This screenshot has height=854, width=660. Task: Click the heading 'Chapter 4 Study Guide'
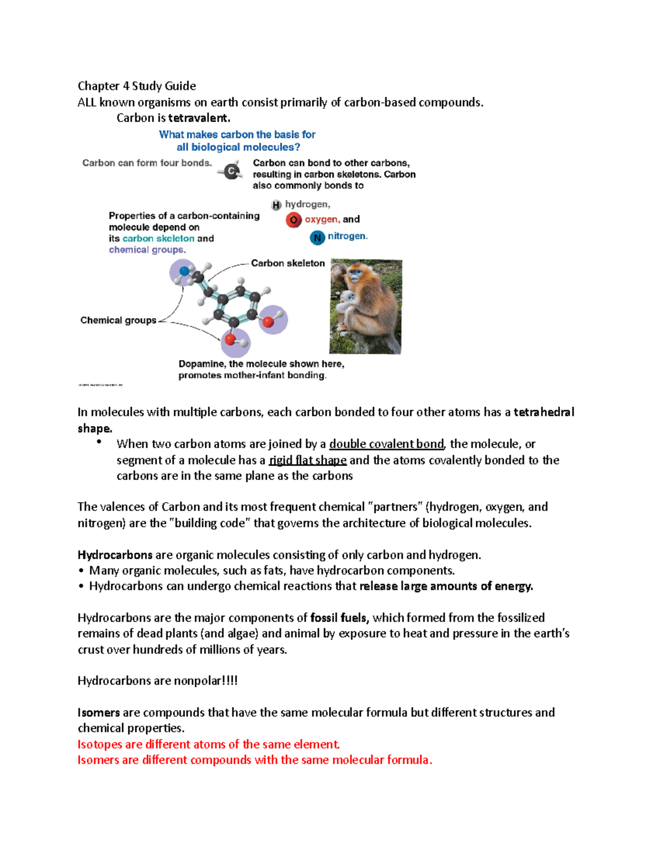[136, 86]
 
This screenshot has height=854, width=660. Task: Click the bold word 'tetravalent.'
[199, 118]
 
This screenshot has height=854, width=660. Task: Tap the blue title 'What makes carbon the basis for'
[237, 134]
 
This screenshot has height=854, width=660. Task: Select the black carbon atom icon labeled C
[232, 172]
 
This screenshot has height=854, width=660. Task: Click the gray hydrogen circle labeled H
[276, 205]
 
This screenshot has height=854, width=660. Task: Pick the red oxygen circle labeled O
[294, 220]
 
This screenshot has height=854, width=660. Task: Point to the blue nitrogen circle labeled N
[317, 238]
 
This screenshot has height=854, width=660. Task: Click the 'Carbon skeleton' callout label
[288, 263]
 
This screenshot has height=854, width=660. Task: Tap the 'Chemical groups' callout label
[118, 320]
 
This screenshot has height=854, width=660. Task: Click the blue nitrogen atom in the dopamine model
[184, 271]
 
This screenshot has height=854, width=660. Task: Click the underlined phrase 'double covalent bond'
[386, 444]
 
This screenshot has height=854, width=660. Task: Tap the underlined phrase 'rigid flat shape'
[307, 460]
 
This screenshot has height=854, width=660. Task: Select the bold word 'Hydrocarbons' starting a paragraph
[115, 555]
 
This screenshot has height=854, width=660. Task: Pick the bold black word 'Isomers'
[98, 712]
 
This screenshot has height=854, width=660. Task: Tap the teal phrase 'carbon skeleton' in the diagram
[158, 239]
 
